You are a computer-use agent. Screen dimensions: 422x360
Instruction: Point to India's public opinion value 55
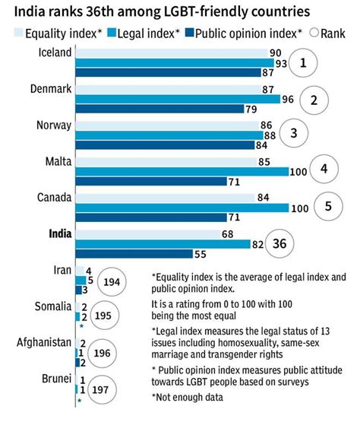pyautogui.click(x=201, y=254)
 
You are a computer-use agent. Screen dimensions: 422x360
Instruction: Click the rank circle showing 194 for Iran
pyautogui.click(x=110, y=281)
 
